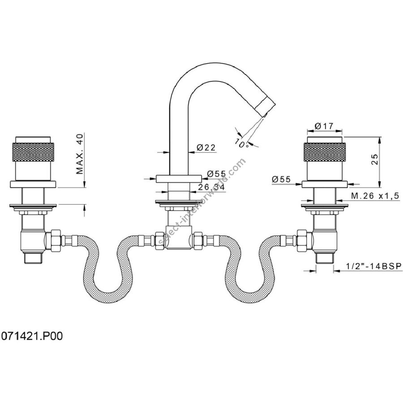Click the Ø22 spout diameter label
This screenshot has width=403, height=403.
pyautogui.click(x=206, y=147)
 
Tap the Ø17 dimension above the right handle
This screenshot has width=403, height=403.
pyautogui.click(x=324, y=126)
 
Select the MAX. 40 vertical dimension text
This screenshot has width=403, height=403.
pyautogui.click(x=80, y=154)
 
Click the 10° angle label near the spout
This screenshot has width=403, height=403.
pyautogui.click(x=241, y=143)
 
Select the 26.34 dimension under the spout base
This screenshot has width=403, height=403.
pyautogui.click(x=211, y=187)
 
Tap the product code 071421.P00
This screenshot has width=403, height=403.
pyautogui.click(x=32, y=336)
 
